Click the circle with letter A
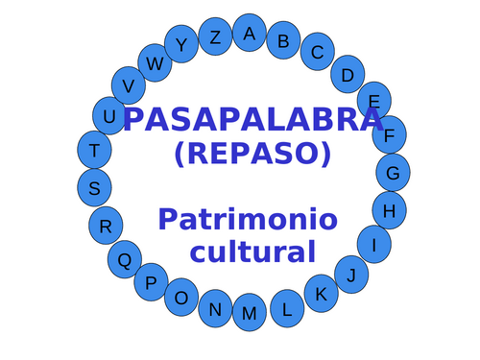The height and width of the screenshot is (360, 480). click(x=250, y=33)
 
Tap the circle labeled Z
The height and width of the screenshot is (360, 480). click(x=215, y=37)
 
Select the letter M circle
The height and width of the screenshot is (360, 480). click(x=250, y=313)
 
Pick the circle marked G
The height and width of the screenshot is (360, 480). click(x=393, y=173)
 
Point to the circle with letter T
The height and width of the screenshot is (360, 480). click(x=93, y=150)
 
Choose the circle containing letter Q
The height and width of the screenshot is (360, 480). click(x=124, y=258)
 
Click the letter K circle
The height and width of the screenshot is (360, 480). click(x=322, y=294)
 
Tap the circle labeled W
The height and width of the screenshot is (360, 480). click(x=154, y=63)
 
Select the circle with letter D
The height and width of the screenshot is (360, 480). click(x=348, y=74)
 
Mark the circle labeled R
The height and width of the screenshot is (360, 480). click(x=106, y=226)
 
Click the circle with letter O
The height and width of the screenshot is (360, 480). click(x=181, y=298)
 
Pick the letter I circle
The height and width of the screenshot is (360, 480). click(x=374, y=244)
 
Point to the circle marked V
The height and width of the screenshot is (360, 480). click(x=129, y=85)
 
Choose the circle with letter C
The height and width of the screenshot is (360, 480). click(x=317, y=53)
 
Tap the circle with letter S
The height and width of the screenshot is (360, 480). click(x=94, y=188)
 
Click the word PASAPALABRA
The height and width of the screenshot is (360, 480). click(x=252, y=120)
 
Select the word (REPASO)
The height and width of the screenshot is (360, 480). click(x=252, y=153)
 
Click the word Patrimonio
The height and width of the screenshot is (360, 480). click(x=248, y=220)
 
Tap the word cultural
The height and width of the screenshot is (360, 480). click(x=252, y=252)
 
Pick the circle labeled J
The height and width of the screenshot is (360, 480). click(x=352, y=275)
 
